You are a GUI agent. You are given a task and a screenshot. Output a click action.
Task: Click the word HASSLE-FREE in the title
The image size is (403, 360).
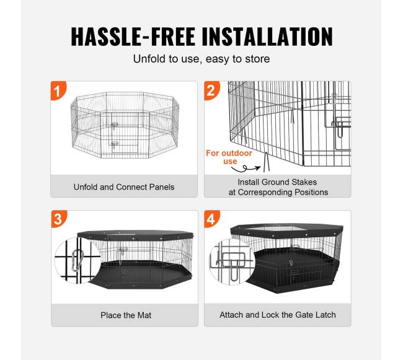click(133, 37)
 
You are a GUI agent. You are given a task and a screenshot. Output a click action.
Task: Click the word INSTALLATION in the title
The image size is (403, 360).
click(267, 37)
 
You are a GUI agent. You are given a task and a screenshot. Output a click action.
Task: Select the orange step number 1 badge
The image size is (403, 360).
click(58, 90)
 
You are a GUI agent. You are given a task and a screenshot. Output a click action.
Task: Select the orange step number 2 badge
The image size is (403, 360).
click(212, 90)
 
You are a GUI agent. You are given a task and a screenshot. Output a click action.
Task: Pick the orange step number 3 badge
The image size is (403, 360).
click(59, 219)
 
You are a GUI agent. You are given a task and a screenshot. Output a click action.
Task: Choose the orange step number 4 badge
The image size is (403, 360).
click(212, 219)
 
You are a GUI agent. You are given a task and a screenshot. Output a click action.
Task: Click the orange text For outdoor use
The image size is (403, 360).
click(229, 157)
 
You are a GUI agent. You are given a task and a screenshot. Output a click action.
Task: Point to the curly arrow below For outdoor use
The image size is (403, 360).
click(246, 169)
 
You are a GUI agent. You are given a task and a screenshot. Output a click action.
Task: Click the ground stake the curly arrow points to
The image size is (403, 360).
click(266, 162)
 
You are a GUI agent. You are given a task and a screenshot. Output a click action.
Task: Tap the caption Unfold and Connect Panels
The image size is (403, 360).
click(124, 187)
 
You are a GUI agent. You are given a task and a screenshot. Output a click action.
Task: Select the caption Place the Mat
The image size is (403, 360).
click(126, 315)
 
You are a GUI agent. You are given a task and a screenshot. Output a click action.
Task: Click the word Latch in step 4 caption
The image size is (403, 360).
click(325, 315)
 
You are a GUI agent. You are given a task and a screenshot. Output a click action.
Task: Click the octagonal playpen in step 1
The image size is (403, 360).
click(125, 125)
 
